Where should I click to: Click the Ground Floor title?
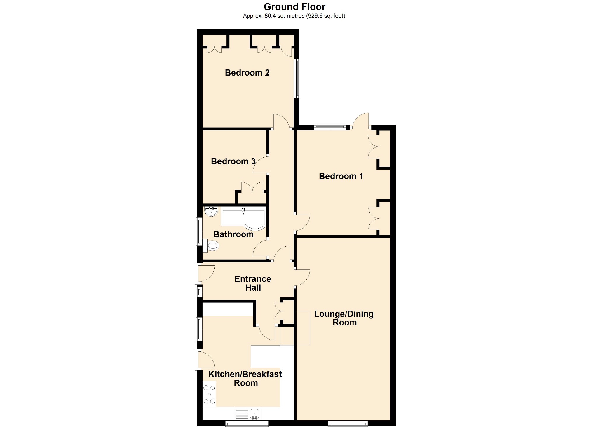pos(294,7)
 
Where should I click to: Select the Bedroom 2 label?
pos(247,73)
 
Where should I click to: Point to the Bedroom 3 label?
pos(233,161)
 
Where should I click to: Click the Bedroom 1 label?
pos(341,176)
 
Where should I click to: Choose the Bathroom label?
pos(233,234)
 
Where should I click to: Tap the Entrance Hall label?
pos(253,283)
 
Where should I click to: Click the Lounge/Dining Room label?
pos(344,318)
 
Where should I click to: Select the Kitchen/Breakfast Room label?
pos(245,379)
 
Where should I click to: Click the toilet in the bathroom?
pos(211,246)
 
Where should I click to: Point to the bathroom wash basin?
pos(211,211)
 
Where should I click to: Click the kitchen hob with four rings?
pos(209,394)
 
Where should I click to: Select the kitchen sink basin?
pos(254,414)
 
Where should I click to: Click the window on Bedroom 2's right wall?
pos(297,78)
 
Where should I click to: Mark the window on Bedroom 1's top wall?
pos(330,127)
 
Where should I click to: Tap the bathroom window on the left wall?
pos(199,231)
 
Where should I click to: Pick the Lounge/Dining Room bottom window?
pos(348,423)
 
